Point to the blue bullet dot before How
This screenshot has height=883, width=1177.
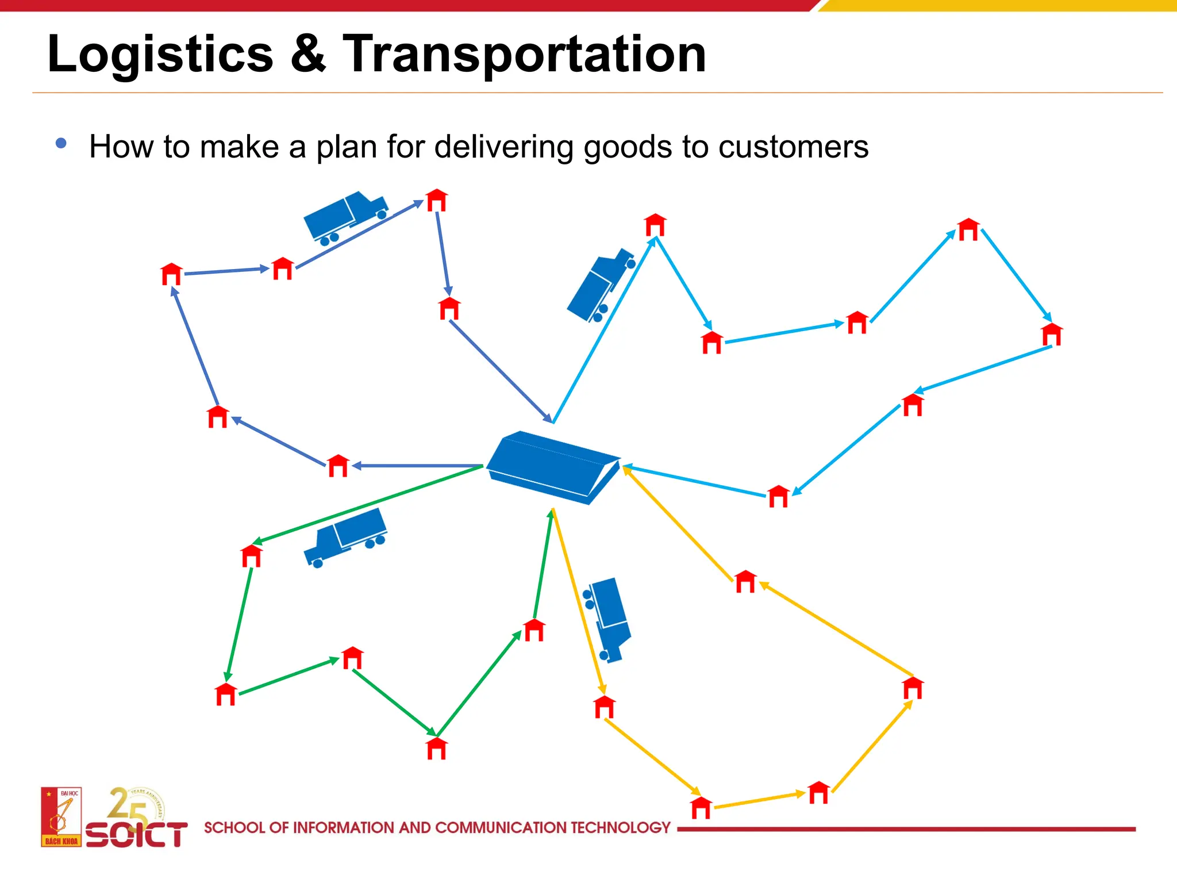click(61, 143)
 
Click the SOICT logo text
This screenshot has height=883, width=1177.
click(137, 835)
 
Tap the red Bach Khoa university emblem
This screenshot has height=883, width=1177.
click(61, 817)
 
